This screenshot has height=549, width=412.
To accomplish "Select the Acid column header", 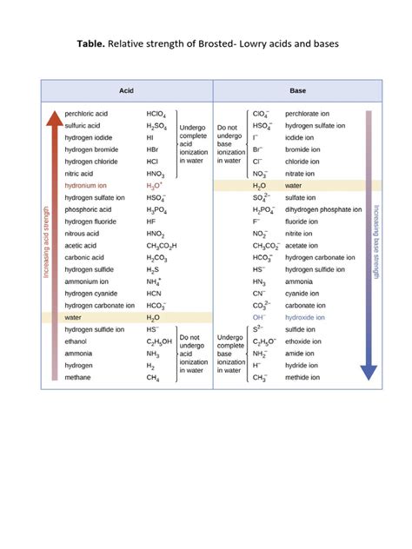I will (126, 90).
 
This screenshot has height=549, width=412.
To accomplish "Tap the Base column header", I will (297, 90).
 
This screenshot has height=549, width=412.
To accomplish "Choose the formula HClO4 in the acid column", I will (157, 114).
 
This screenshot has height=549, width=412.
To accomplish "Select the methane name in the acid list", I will (79, 378).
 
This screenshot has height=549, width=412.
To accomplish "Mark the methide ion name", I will (303, 378).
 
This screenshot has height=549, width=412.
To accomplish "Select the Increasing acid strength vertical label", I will (46, 242).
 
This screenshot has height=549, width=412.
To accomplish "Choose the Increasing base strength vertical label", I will (376, 242).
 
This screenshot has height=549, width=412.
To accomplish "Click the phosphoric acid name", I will (89, 209).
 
